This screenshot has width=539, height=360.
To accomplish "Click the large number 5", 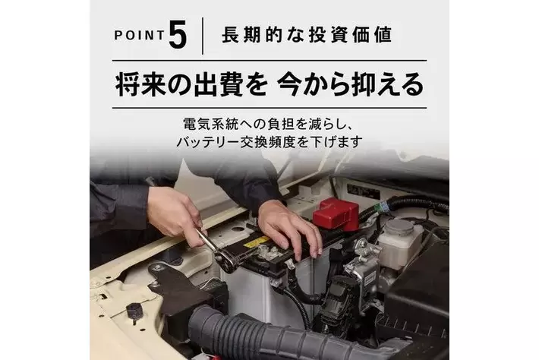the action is click(x=178, y=34).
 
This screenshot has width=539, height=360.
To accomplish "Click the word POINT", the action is click(x=140, y=35).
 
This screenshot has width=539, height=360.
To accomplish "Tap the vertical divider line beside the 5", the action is click(x=203, y=36).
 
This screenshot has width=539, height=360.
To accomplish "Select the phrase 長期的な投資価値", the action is click(x=307, y=35).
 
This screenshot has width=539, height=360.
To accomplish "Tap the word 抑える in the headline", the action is click(x=384, y=84).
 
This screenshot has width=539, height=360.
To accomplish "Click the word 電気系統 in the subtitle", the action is click(x=210, y=124).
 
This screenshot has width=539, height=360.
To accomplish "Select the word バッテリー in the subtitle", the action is click(x=207, y=142).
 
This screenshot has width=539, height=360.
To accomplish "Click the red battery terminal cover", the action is click(x=336, y=214).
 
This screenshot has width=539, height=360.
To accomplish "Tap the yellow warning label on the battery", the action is click(x=256, y=242).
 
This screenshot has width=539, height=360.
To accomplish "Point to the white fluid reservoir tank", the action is click(x=400, y=244).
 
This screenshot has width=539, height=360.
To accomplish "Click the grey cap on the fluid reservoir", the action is click(x=399, y=226).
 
